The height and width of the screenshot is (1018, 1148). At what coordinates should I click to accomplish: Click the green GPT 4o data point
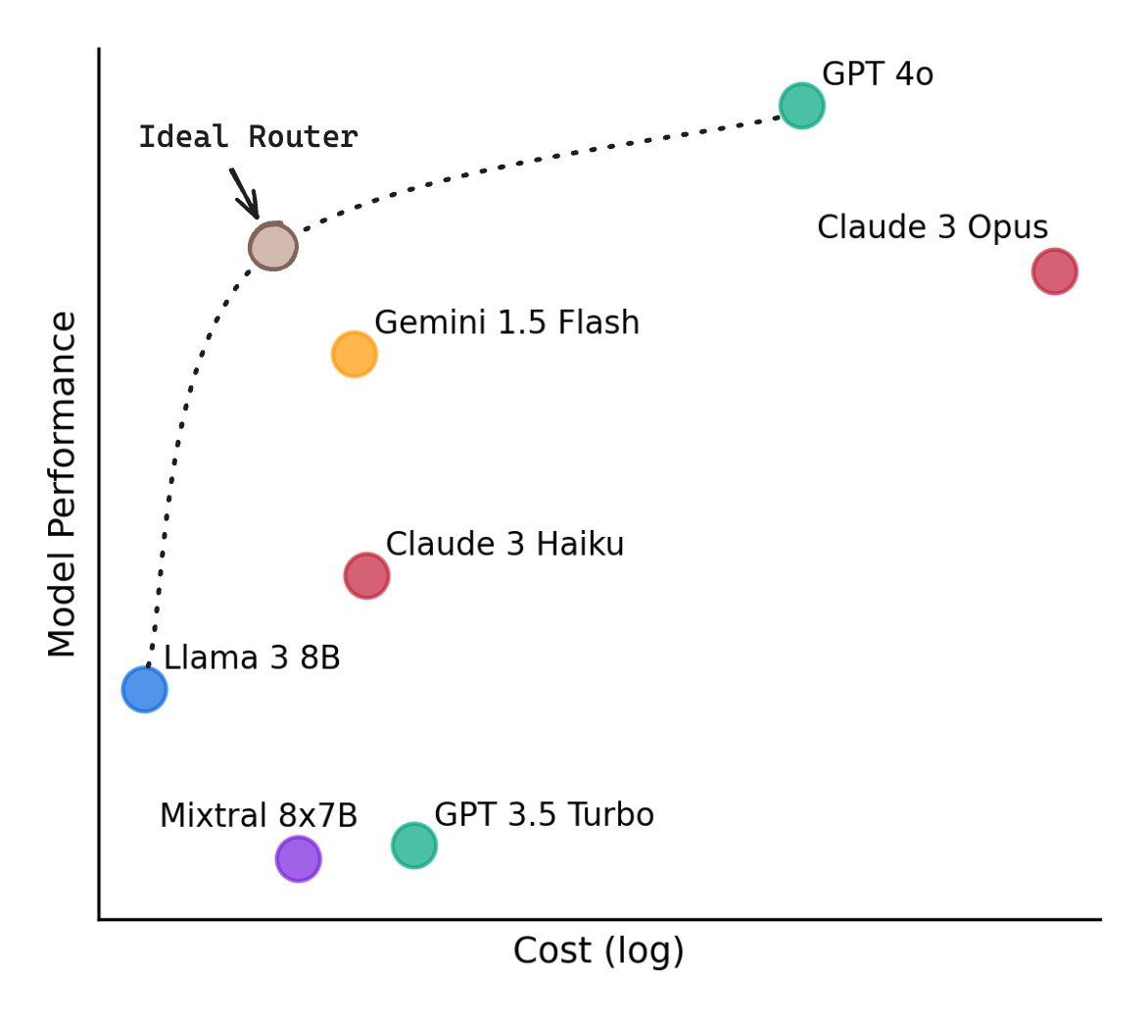pyautogui.click(x=801, y=106)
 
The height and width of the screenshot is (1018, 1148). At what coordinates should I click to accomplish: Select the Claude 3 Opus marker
pyautogui.click(x=1054, y=271)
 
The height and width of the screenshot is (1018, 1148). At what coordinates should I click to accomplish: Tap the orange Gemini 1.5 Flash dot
pyautogui.click(x=354, y=354)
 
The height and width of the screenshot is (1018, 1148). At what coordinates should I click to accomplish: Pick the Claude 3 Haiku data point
pyautogui.click(x=366, y=575)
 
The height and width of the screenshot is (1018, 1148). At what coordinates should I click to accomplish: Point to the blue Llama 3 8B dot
pyautogui.click(x=145, y=690)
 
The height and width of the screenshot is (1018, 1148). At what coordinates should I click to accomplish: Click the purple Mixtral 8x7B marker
pyautogui.click(x=298, y=859)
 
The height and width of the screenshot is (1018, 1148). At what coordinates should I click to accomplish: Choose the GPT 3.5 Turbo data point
pyautogui.click(x=414, y=845)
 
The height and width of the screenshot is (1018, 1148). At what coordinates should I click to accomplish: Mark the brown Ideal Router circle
pyautogui.click(x=272, y=247)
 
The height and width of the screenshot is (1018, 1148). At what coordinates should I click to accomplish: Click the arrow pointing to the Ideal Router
pyautogui.click(x=245, y=193)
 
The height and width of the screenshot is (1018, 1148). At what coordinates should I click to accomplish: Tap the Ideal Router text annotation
pyautogui.click(x=248, y=137)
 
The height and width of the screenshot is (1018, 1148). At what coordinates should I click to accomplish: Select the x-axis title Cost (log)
pyautogui.click(x=598, y=951)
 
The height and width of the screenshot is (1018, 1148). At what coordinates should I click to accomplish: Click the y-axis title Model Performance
pyautogui.click(x=63, y=484)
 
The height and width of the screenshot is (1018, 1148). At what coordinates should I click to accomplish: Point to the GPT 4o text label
pyautogui.click(x=878, y=74)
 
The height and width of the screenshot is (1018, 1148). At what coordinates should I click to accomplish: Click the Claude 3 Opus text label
pyautogui.click(x=933, y=227)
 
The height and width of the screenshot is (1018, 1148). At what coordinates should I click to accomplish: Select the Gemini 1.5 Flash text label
pyautogui.click(x=506, y=322)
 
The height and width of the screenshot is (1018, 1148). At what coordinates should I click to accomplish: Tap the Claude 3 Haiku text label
pyautogui.click(x=504, y=544)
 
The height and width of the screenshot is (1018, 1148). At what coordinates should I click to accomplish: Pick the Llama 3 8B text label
pyautogui.click(x=252, y=658)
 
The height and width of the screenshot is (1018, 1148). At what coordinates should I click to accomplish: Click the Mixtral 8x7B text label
pyautogui.click(x=259, y=815)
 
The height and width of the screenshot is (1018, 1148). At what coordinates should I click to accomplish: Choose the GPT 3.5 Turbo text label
pyautogui.click(x=544, y=815)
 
